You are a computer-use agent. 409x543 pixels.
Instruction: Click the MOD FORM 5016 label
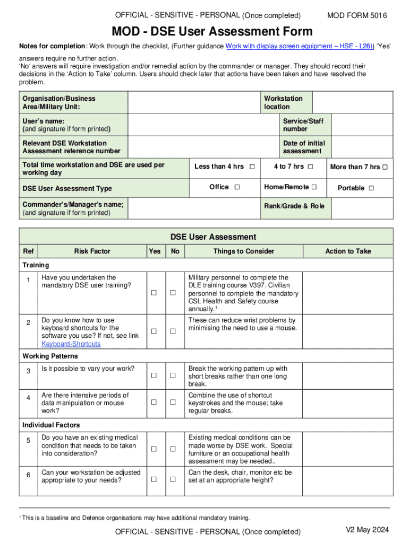(357, 16)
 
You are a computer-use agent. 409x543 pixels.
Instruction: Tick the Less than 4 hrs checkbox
(252, 167)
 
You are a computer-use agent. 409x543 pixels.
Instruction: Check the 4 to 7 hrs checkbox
(310, 167)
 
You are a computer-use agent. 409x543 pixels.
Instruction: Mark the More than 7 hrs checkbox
(385, 168)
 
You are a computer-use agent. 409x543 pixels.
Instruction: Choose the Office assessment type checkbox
(236, 187)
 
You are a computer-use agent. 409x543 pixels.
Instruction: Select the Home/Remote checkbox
(314, 187)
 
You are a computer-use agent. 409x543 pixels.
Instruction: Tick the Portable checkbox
(371, 188)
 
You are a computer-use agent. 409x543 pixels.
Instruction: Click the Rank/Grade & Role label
(294, 206)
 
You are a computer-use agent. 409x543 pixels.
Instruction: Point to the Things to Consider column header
(244, 251)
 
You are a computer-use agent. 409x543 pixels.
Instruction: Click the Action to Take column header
(348, 251)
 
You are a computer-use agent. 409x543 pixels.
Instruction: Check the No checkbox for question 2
(173, 331)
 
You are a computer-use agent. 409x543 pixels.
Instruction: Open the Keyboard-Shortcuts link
(71, 344)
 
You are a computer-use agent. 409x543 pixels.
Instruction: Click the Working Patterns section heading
(50, 356)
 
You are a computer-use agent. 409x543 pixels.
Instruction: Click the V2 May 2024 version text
(368, 530)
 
